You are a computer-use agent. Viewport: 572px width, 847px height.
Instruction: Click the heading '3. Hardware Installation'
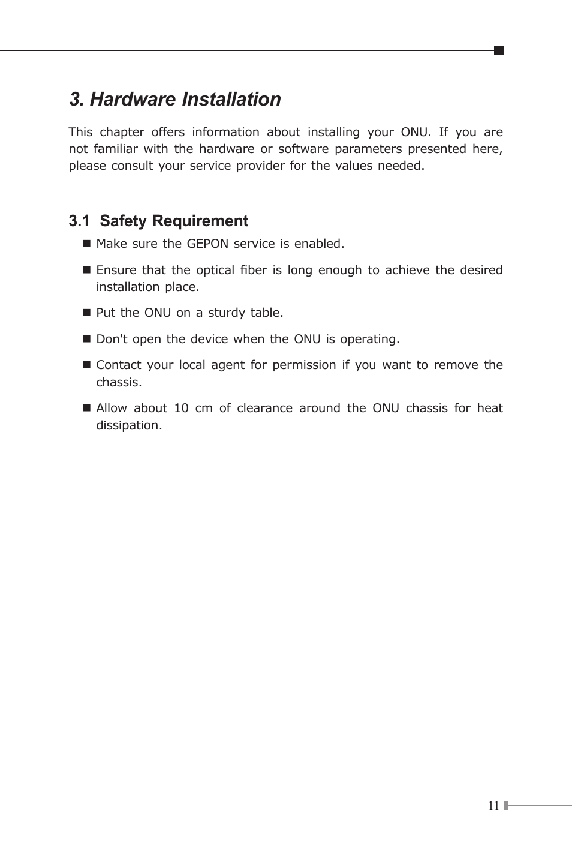[x=175, y=99]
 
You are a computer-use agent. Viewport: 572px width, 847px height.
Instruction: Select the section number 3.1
[x=79, y=221]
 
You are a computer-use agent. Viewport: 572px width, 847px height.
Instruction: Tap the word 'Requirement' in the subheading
[x=200, y=221]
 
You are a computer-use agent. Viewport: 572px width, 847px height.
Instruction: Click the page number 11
[x=493, y=806]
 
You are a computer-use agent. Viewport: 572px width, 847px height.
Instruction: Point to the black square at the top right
[x=498, y=50]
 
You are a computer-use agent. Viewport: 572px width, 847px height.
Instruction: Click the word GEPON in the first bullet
[x=207, y=244]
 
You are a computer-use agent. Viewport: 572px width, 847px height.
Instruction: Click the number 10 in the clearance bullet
[x=181, y=408]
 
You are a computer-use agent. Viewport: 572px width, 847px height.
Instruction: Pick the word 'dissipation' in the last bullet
[x=128, y=425]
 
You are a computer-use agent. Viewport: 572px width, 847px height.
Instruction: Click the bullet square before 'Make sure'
[x=86, y=244]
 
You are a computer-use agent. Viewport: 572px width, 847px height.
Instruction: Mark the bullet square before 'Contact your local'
[x=86, y=365]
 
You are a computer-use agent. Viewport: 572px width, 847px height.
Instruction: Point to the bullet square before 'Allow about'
[x=86, y=408]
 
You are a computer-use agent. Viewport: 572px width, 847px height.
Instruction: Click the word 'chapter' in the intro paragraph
[x=122, y=132]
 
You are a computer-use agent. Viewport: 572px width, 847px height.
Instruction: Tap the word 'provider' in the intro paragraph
[x=260, y=166]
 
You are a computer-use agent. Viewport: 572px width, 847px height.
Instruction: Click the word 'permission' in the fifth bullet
[x=304, y=365]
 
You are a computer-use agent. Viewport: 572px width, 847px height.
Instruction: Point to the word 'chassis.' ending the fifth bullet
[x=119, y=382]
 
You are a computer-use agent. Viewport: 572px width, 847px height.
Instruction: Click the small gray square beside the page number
[x=506, y=806]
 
